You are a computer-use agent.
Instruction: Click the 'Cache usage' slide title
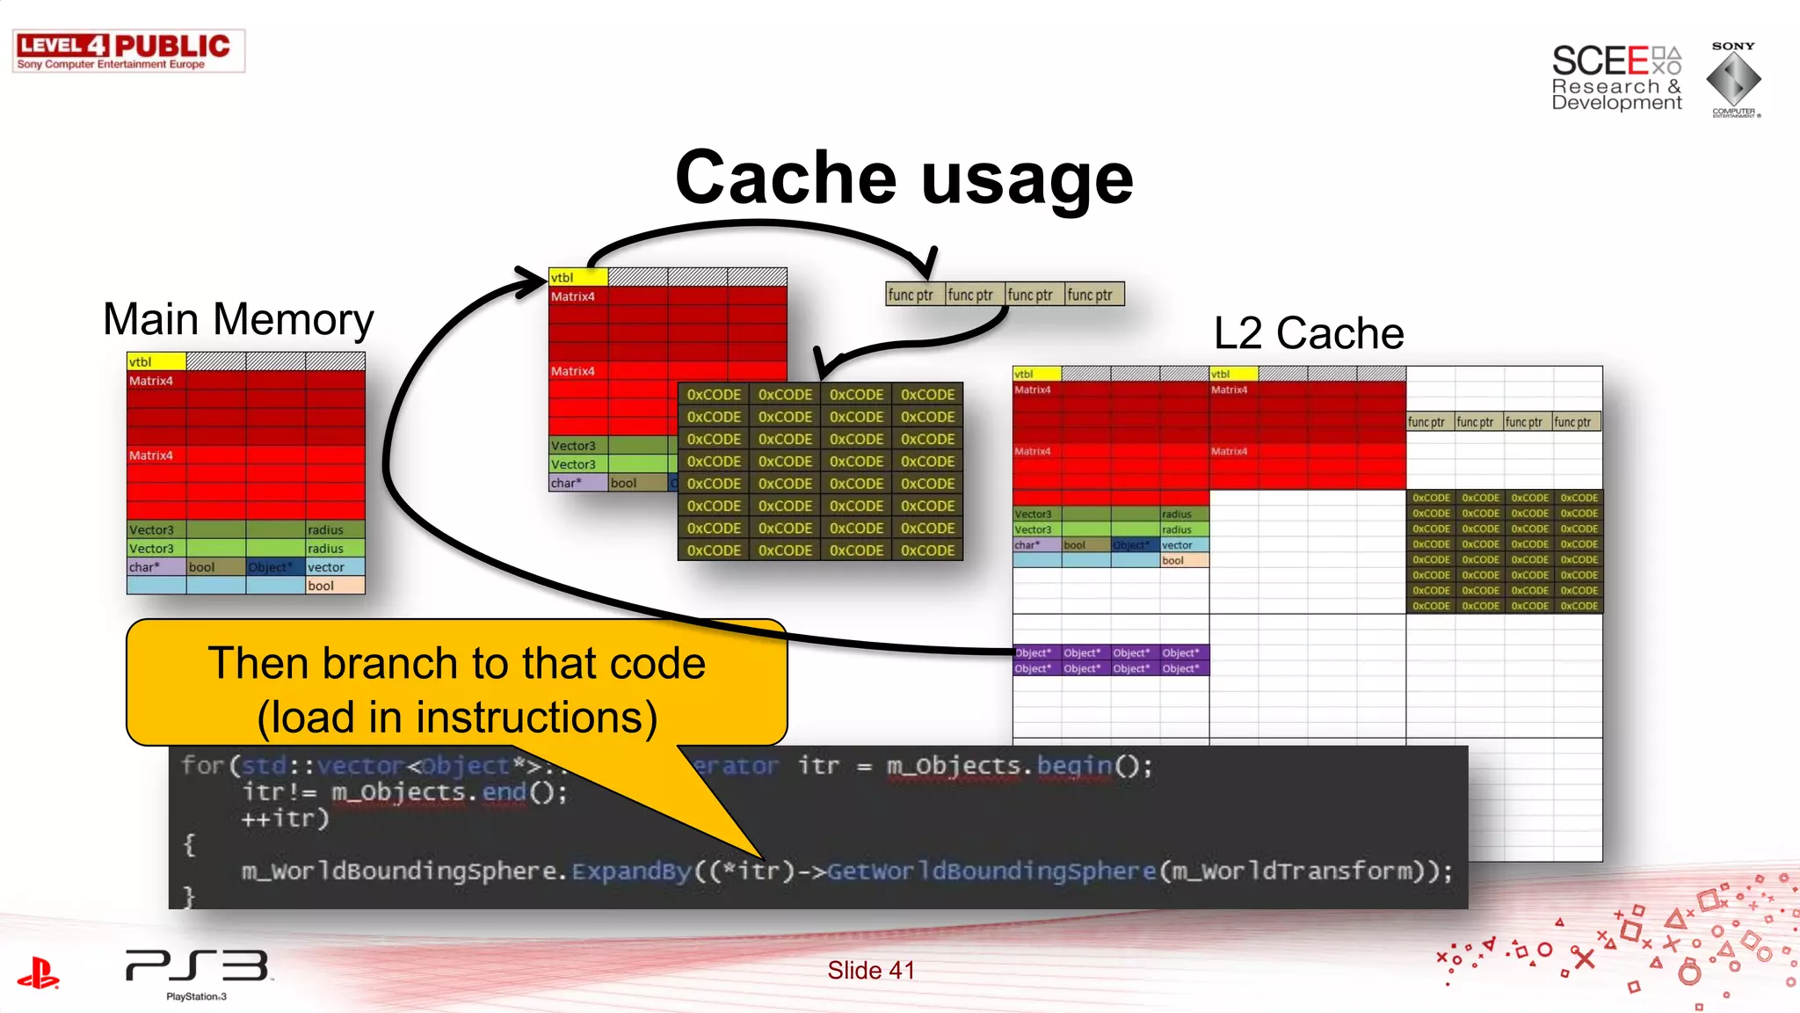click(x=904, y=178)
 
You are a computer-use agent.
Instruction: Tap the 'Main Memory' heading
click(x=237, y=319)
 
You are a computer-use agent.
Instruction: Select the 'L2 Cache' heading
click(x=1308, y=333)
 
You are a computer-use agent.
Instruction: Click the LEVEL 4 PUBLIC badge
click(x=128, y=51)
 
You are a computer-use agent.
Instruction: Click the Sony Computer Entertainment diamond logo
click(x=1733, y=79)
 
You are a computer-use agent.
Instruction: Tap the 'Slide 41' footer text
click(x=870, y=970)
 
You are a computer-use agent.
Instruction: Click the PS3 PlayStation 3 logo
click(x=197, y=972)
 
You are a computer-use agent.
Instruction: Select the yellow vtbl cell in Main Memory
click(x=156, y=361)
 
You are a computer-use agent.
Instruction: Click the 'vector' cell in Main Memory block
click(x=334, y=567)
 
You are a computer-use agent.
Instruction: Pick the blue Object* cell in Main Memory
click(x=274, y=567)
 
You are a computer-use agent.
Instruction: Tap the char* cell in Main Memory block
click(x=156, y=567)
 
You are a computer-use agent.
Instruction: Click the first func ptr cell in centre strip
click(x=915, y=295)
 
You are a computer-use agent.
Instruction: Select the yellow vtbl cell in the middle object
click(x=577, y=277)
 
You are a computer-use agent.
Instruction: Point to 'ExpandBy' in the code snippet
click(x=631, y=871)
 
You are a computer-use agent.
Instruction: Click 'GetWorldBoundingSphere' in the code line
click(x=991, y=871)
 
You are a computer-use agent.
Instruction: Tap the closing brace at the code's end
click(x=187, y=896)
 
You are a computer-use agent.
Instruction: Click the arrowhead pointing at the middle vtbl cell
click(x=533, y=281)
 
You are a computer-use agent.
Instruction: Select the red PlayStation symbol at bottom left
click(x=38, y=973)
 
